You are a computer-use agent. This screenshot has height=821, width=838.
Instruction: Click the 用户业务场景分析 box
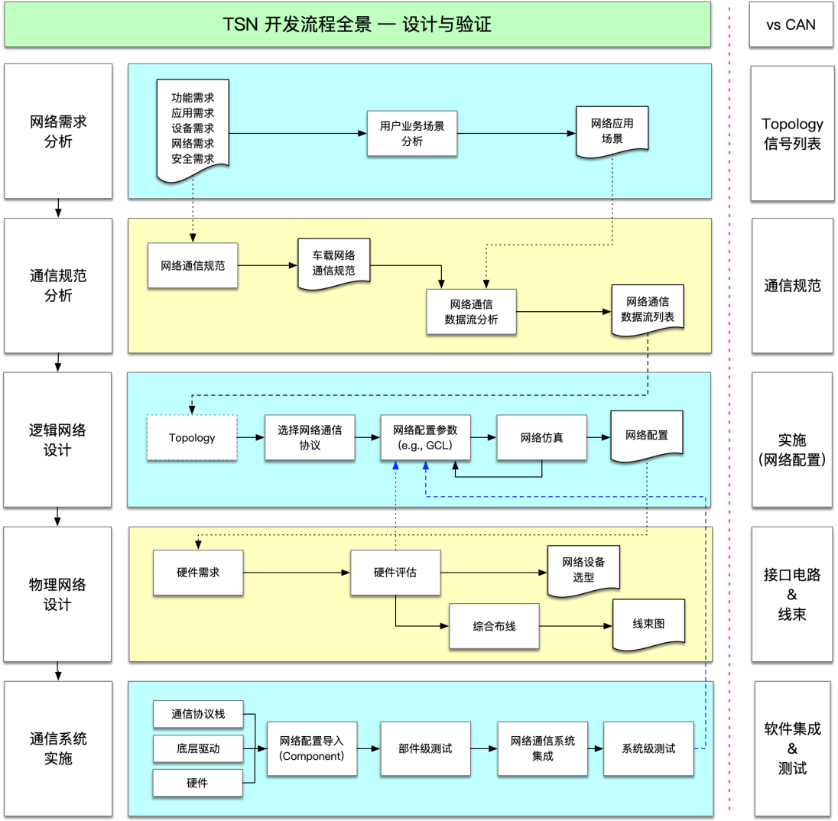click(x=411, y=133)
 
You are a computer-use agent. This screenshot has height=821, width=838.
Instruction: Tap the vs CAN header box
click(x=791, y=24)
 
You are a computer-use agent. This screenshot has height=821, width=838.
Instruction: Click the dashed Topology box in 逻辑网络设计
click(x=192, y=438)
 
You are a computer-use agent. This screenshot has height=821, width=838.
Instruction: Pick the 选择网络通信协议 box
click(x=310, y=437)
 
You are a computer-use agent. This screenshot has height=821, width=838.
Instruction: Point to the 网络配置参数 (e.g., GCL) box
click(x=426, y=437)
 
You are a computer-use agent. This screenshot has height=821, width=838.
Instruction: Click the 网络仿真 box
click(x=541, y=437)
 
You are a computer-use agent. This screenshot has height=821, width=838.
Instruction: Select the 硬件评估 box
click(x=395, y=573)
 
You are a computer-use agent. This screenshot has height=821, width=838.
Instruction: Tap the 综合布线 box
click(x=494, y=626)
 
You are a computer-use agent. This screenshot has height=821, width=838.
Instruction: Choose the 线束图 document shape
click(x=648, y=624)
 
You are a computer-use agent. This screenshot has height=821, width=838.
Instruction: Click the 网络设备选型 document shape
click(x=583, y=570)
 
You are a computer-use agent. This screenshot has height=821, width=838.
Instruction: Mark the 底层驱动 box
click(x=198, y=748)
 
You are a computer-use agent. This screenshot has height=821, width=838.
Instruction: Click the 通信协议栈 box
click(x=198, y=714)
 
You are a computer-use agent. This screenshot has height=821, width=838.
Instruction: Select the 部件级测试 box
click(x=425, y=748)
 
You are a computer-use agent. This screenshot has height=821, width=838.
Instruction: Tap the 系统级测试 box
click(x=648, y=748)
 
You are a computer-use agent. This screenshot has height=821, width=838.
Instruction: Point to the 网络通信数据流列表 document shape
click(x=647, y=310)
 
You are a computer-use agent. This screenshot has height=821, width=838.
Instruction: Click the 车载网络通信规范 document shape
click(x=333, y=263)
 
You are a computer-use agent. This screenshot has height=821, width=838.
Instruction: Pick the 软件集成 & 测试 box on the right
click(x=791, y=748)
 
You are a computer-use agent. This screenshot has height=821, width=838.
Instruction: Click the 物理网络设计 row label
click(x=58, y=594)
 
